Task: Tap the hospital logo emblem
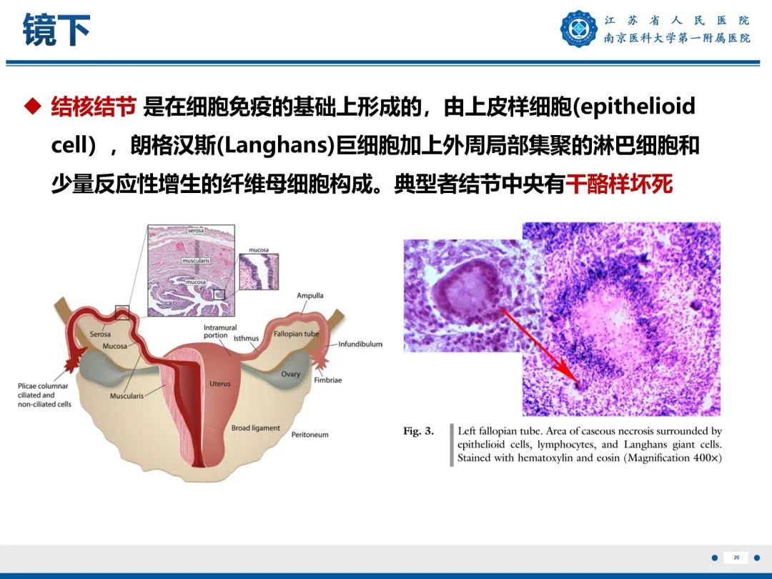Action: click(578, 29)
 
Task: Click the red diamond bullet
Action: click(31, 107)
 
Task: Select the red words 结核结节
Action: click(93, 107)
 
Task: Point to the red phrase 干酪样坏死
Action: click(619, 184)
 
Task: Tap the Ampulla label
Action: click(310, 295)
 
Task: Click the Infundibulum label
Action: click(360, 344)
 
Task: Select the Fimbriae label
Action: click(327, 380)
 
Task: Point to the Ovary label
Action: click(290, 374)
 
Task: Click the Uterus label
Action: click(220, 384)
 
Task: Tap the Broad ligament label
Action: click(255, 428)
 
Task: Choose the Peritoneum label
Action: click(310, 435)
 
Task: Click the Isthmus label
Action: click(246, 338)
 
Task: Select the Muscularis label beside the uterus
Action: click(127, 395)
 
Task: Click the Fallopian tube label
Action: click(296, 334)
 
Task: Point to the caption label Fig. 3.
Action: click(418, 431)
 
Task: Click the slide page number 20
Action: click(736, 557)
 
